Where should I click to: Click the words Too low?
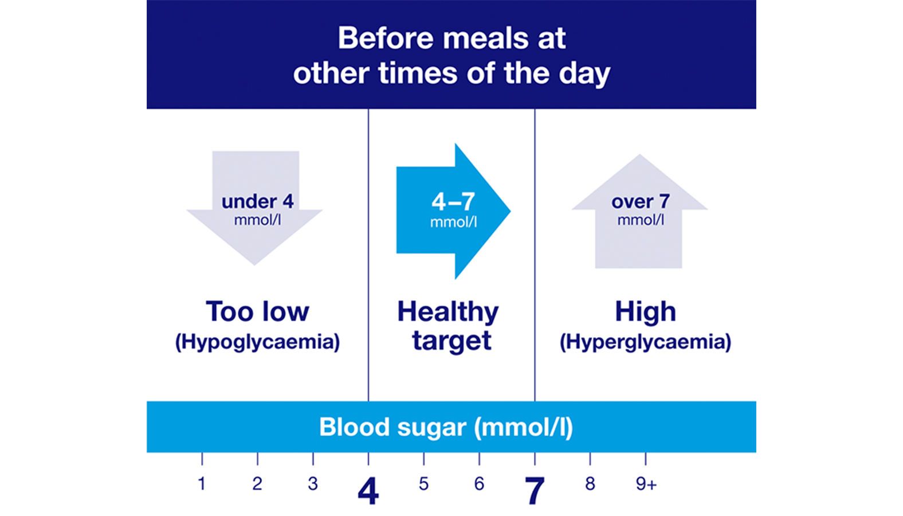257,312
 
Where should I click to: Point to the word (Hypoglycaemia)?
257,342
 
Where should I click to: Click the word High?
645,312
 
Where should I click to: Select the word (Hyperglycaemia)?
645,342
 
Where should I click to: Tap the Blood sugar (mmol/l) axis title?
446,427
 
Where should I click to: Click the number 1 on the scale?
202,484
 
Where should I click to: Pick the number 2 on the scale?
257,484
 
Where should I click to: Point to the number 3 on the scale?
313,484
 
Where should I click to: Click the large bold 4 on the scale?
368,491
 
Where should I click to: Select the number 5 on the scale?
423,484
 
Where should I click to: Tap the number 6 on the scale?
479,484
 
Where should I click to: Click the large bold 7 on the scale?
534,491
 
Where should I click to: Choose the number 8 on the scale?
590,484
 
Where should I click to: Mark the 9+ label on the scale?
646,484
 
